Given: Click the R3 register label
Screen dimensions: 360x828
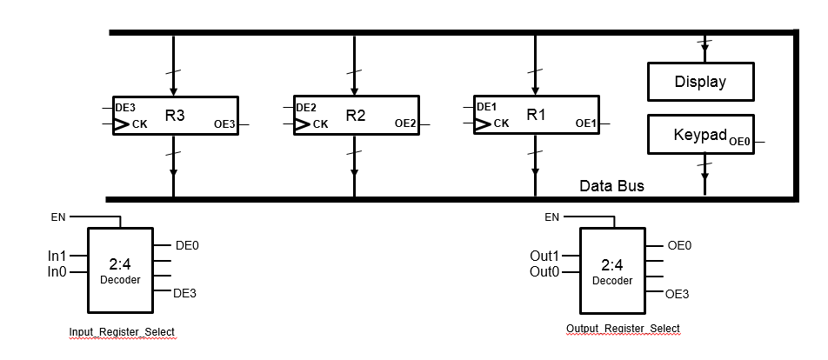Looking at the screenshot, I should (174, 114).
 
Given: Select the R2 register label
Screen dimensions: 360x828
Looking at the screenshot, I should (355, 114).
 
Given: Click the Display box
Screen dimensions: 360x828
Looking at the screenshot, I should (700, 83).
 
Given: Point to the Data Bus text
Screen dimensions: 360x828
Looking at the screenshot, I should (612, 186).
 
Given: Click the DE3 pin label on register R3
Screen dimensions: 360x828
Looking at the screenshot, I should (125, 107).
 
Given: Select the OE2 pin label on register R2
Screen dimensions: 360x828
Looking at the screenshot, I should (405, 124).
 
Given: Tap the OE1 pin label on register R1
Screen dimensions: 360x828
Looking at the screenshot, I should (586, 123).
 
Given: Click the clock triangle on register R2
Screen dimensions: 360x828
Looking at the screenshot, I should (302, 124).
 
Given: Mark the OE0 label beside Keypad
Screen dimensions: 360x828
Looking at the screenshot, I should (740, 141).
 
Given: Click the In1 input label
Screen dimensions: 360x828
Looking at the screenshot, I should (57, 257).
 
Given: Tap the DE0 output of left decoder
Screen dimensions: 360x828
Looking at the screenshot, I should (187, 246).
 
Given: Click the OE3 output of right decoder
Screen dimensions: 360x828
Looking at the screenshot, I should (677, 295).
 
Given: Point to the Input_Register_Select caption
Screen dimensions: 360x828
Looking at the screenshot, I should (123, 332).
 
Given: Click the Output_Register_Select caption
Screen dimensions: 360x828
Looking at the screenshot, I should (623, 328).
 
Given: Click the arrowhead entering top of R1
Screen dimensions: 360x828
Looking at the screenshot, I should (536, 90).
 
